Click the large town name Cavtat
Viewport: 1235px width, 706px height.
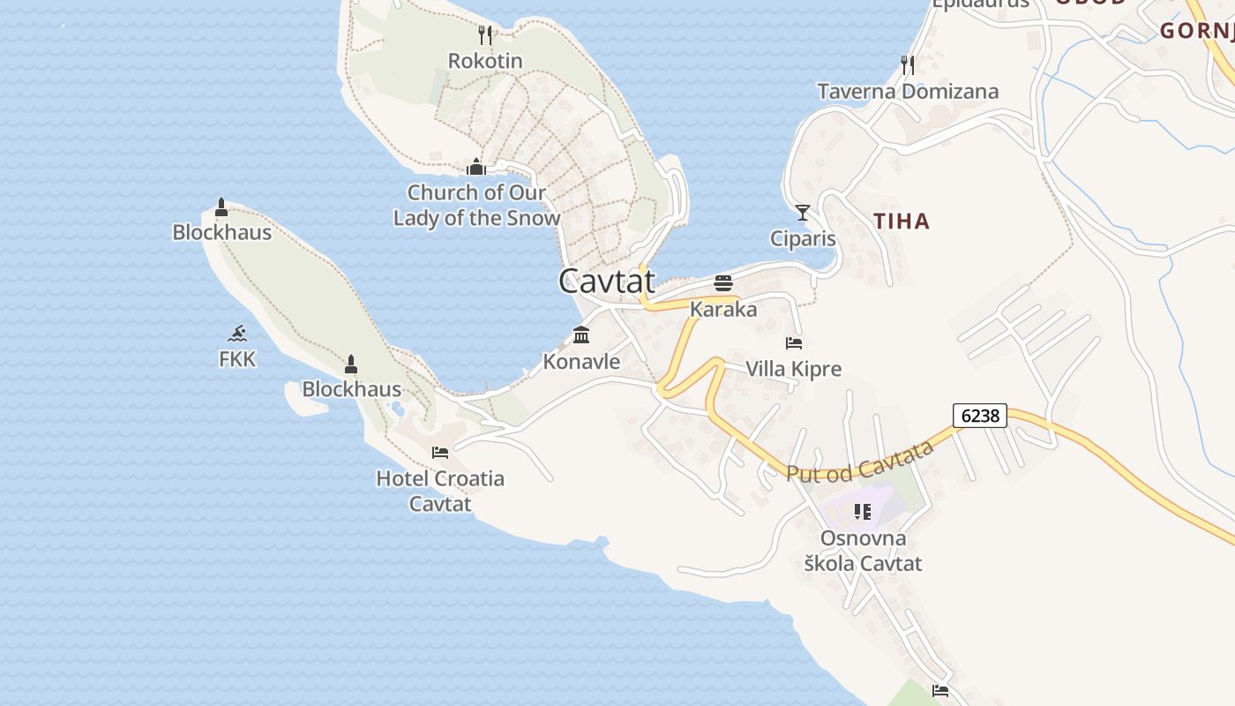(x=607, y=281)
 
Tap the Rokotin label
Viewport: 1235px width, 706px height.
(x=485, y=61)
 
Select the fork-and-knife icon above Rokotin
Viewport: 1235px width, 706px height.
(x=484, y=34)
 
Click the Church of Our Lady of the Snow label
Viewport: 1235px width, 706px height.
(x=476, y=205)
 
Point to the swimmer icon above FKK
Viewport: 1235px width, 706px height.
(x=237, y=334)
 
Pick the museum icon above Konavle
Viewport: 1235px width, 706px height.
(x=581, y=335)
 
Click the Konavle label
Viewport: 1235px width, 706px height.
(x=581, y=361)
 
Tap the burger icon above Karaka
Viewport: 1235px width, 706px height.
(x=723, y=283)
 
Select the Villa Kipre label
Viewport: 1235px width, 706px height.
(x=794, y=369)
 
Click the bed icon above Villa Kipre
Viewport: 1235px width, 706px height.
(x=794, y=342)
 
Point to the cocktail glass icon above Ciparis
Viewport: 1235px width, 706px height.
(x=803, y=213)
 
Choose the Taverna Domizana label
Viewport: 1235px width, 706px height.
(x=908, y=91)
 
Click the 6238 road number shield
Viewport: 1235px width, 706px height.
(x=980, y=416)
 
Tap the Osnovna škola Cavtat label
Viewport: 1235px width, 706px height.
(x=863, y=551)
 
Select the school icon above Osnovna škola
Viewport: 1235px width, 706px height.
(x=863, y=512)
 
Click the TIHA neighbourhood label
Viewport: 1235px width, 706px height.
(x=902, y=221)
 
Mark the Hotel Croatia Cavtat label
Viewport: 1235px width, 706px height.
(x=440, y=491)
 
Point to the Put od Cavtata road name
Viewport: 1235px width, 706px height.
(x=859, y=462)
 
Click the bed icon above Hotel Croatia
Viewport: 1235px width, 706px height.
(x=440, y=453)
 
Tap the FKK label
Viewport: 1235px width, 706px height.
(x=237, y=359)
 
